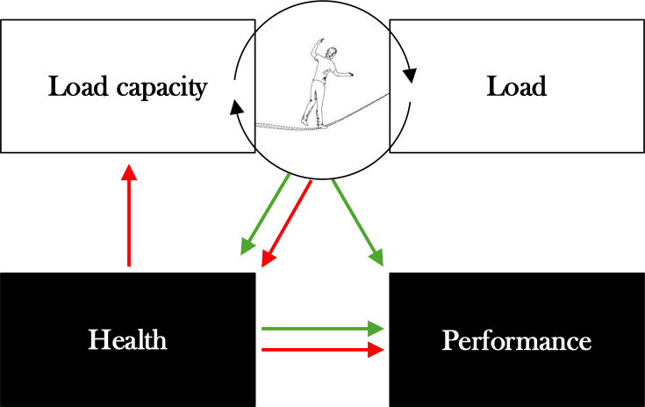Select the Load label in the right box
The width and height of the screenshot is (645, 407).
(x=518, y=87)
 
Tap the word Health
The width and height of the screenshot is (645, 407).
(x=127, y=340)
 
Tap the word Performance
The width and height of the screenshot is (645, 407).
(x=516, y=340)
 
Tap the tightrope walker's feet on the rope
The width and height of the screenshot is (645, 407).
(x=314, y=124)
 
